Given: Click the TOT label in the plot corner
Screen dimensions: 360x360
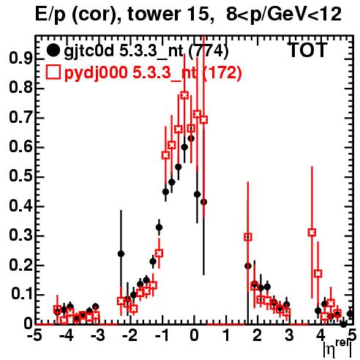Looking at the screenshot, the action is coord(308,50).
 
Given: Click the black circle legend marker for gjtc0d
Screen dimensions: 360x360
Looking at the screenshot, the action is coord(53,50).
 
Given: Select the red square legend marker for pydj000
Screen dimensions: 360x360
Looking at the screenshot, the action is coord(53,72).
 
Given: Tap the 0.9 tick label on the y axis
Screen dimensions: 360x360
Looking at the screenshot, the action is coord(20,59).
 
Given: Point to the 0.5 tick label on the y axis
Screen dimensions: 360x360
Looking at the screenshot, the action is coord(20,176).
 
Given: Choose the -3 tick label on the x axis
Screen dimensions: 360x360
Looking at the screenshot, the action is coord(97,335).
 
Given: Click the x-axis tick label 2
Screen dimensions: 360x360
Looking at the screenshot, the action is coord(257,335).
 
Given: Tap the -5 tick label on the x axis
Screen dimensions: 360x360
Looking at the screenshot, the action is coord(34,335).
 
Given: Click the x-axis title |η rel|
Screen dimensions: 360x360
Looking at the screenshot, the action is coord(338,349).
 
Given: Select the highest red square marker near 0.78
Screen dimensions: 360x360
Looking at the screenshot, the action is coord(184,95).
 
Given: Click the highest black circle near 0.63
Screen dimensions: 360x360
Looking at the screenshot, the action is coord(191,138).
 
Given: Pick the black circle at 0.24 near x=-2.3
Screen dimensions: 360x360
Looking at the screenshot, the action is coord(121,254).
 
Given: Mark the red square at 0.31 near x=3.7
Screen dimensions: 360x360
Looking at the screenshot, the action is coord(312,233).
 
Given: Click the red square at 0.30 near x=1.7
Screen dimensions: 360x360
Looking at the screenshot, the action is coord(248,237).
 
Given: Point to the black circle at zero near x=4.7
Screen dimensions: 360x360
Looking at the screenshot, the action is coord(343,324).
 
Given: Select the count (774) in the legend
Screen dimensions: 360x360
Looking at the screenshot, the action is coord(209,50).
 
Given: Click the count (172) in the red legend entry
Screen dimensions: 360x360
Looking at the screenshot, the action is coord(222,72).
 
